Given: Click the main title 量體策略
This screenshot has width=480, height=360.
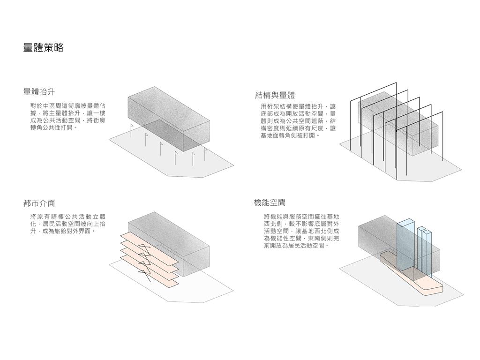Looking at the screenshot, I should [x=43, y=48].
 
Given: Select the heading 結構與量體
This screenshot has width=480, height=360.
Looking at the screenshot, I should [x=275, y=96].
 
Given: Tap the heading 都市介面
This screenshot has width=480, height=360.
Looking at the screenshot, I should [x=39, y=203].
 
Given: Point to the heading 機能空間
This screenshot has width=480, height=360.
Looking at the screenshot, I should [x=270, y=202].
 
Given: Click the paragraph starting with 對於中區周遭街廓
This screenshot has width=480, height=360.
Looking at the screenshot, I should [x=68, y=117].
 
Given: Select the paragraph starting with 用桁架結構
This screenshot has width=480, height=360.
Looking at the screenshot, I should [x=298, y=121].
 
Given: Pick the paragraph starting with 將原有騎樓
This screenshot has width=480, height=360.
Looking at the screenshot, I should [x=68, y=224].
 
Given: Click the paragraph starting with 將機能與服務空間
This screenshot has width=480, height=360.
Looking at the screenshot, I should [x=301, y=231].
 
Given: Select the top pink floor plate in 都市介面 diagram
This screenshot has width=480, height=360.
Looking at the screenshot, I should [x=141, y=240].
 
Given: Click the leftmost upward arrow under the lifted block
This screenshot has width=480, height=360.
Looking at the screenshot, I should [x=131, y=131].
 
